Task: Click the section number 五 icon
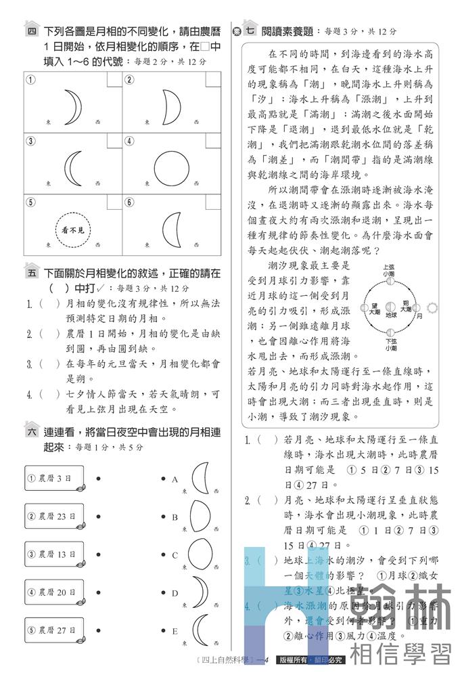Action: click(32, 273)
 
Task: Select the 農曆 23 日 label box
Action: click(53, 517)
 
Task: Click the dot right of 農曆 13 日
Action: click(99, 555)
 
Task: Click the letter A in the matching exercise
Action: click(175, 479)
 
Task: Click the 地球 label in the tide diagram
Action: click(391, 315)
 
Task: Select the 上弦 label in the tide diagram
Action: click(389, 268)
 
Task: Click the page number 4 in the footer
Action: click(269, 660)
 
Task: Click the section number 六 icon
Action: click(32, 431)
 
